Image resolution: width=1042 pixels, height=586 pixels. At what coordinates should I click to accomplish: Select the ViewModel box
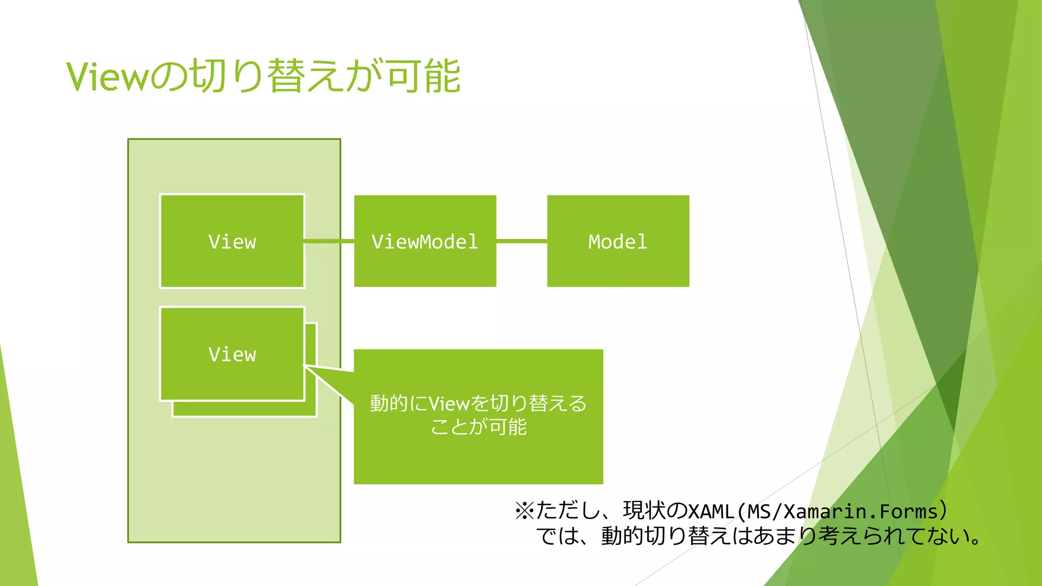[x=425, y=241]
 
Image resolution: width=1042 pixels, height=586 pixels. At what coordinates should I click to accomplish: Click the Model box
[x=618, y=241]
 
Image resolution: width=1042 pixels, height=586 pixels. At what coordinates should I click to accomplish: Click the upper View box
[x=232, y=241]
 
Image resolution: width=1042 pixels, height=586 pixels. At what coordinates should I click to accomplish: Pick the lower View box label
[x=232, y=355]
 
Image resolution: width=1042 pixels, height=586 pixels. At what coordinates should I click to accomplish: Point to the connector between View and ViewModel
[x=329, y=241]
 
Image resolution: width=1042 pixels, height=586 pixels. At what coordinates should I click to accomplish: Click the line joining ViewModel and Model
[x=522, y=241]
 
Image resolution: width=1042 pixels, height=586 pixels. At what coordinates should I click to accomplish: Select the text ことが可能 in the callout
[x=478, y=427]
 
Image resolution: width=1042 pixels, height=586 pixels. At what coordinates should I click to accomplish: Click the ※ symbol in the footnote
[x=524, y=511]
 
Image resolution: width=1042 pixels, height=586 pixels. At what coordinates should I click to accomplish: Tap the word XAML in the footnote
[x=710, y=511]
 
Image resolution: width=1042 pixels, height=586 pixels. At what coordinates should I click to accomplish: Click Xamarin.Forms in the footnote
[x=860, y=511]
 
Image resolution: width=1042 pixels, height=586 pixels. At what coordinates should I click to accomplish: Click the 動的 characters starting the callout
[x=389, y=404]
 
